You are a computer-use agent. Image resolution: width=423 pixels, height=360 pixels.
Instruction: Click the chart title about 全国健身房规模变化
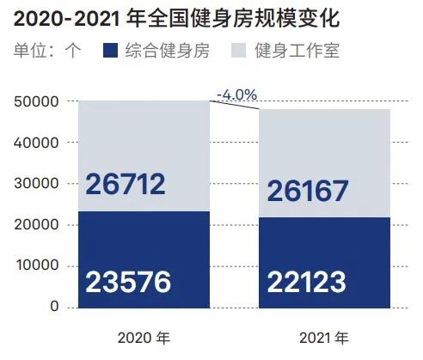pos(177,19)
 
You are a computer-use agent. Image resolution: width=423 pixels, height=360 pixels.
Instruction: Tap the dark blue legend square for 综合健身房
pos(110,51)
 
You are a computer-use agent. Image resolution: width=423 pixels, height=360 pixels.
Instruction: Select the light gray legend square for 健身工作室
pos(238,51)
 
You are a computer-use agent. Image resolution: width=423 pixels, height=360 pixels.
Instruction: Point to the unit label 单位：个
pos(47,51)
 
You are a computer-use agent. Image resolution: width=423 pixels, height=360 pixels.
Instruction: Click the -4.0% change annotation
pos(236,95)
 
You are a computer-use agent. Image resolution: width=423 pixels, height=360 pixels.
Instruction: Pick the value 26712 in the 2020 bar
pos(126,184)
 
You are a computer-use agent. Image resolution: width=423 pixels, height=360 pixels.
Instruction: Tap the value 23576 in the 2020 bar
pos(128,282)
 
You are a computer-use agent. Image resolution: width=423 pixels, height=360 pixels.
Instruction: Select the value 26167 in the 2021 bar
pos(308,191)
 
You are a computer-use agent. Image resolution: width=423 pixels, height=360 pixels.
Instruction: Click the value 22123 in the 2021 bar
pos(307,282)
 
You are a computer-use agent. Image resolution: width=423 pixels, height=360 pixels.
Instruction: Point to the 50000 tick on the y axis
pos(36,101)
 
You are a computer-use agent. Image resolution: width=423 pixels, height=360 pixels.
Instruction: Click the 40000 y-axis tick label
pos(36,143)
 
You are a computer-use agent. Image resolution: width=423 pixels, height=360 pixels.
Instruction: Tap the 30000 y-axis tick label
pos(36,184)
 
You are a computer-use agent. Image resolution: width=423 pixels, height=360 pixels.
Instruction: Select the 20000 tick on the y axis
pos(36,225)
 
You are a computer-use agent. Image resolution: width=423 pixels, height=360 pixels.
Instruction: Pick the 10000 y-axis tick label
pos(37,265)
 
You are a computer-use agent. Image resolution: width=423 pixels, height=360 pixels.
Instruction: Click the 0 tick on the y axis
pos(54,307)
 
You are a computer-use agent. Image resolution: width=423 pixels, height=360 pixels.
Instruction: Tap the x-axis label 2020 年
pos(144,339)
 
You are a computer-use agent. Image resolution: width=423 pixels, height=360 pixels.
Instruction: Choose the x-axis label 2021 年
pos(324,339)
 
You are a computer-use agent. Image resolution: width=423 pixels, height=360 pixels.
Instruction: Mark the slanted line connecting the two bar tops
pos(235,105)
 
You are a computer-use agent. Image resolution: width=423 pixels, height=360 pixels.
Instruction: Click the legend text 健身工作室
pos(297,51)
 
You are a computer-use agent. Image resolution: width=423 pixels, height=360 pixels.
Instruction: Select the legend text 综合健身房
pos(168,51)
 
